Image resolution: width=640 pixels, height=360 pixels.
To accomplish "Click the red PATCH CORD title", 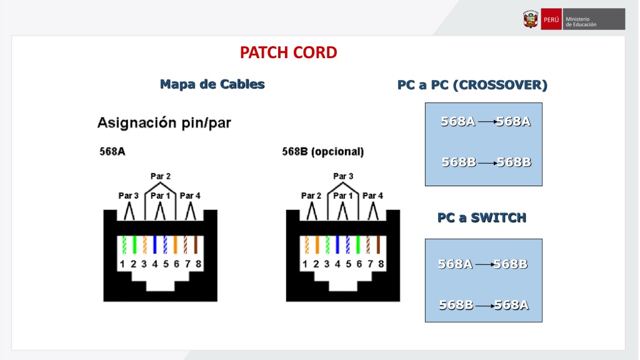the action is coord(289,52).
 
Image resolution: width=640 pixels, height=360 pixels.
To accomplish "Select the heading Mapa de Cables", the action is coord(212,84).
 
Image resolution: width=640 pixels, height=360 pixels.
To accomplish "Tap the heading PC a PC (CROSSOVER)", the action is coord(472,85).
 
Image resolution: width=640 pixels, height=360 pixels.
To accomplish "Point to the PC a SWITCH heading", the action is coord(482,217).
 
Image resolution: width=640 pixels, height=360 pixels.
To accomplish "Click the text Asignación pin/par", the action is coord(164,122).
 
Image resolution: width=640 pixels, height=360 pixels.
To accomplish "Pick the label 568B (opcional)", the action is coord(323,151).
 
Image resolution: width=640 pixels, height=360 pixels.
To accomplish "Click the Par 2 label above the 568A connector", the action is coord(161,176).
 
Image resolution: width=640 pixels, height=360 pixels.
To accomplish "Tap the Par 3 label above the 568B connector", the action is coord(343,176).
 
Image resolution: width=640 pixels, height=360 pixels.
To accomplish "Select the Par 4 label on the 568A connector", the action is coord(190,196).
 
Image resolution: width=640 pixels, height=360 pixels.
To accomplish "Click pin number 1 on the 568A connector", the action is coord(122,264).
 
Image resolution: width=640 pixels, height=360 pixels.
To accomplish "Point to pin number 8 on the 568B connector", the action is coord(381,264).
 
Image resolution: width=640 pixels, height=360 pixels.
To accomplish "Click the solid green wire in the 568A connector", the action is coord(134,244).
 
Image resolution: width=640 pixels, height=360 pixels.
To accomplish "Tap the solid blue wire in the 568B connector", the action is coord(337,244).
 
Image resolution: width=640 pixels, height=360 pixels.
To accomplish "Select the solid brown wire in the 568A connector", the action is coord(196,244).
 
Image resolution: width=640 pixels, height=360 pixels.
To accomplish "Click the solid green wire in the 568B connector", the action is coord(358,244).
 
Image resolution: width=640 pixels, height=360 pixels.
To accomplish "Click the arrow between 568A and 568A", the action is coord(487,122).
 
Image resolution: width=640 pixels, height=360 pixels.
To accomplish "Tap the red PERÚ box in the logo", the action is coord(551,19).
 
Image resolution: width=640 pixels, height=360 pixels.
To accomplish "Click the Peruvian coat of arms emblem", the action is coord(531,19).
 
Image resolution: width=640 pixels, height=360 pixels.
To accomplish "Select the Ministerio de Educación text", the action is coord(581,22).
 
